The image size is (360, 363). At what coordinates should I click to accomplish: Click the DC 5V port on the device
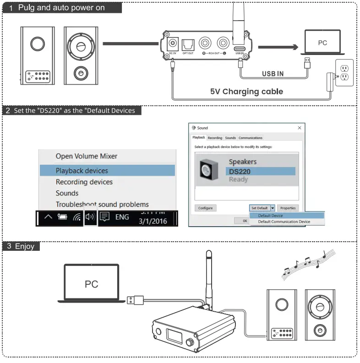(173, 44)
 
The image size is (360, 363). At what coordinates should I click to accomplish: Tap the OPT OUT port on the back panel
(188, 44)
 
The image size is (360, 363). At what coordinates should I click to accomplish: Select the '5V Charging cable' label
(246, 92)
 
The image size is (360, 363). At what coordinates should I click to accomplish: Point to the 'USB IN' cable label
(273, 73)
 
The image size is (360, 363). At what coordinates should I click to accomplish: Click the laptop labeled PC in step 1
(322, 43)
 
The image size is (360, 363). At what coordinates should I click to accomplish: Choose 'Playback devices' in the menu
(82, 171)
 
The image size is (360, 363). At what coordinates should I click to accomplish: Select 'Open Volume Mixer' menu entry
(87, 156)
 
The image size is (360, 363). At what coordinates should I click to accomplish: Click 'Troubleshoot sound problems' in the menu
(102, 205)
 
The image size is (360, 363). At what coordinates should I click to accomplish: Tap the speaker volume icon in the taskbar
(90, 217)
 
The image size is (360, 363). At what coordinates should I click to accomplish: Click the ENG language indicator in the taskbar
(122, 217)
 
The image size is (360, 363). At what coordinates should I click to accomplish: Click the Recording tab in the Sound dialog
(215, 138)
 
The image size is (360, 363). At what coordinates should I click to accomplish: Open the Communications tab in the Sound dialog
(251, 138)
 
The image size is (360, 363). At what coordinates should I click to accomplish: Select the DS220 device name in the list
(240, 171)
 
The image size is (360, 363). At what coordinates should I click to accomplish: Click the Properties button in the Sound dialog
(288, 208)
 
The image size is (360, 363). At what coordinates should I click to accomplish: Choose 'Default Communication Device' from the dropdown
(284, 222)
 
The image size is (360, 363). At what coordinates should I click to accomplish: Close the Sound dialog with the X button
(300, 128)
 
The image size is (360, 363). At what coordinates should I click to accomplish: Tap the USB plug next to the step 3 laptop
(133, 300)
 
